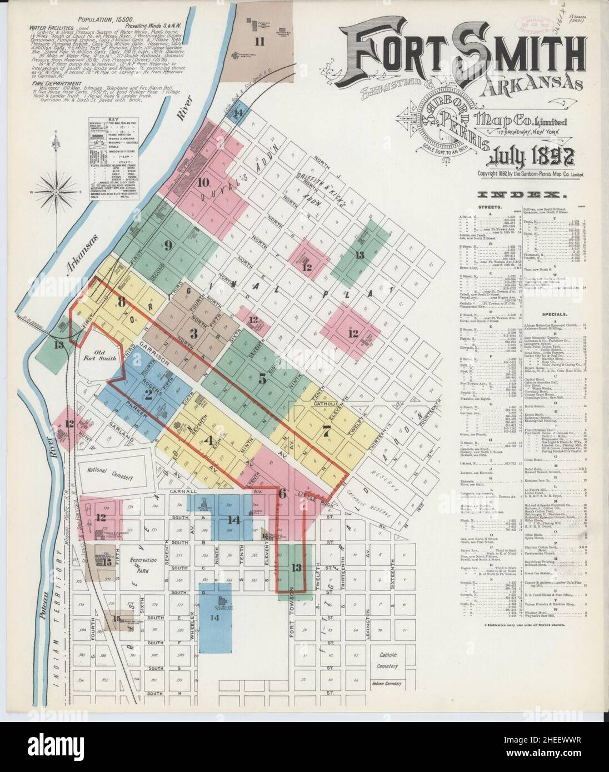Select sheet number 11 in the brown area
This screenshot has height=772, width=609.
click(x=258, y=41)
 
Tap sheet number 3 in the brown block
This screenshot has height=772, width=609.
click(x=193, y=333)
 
